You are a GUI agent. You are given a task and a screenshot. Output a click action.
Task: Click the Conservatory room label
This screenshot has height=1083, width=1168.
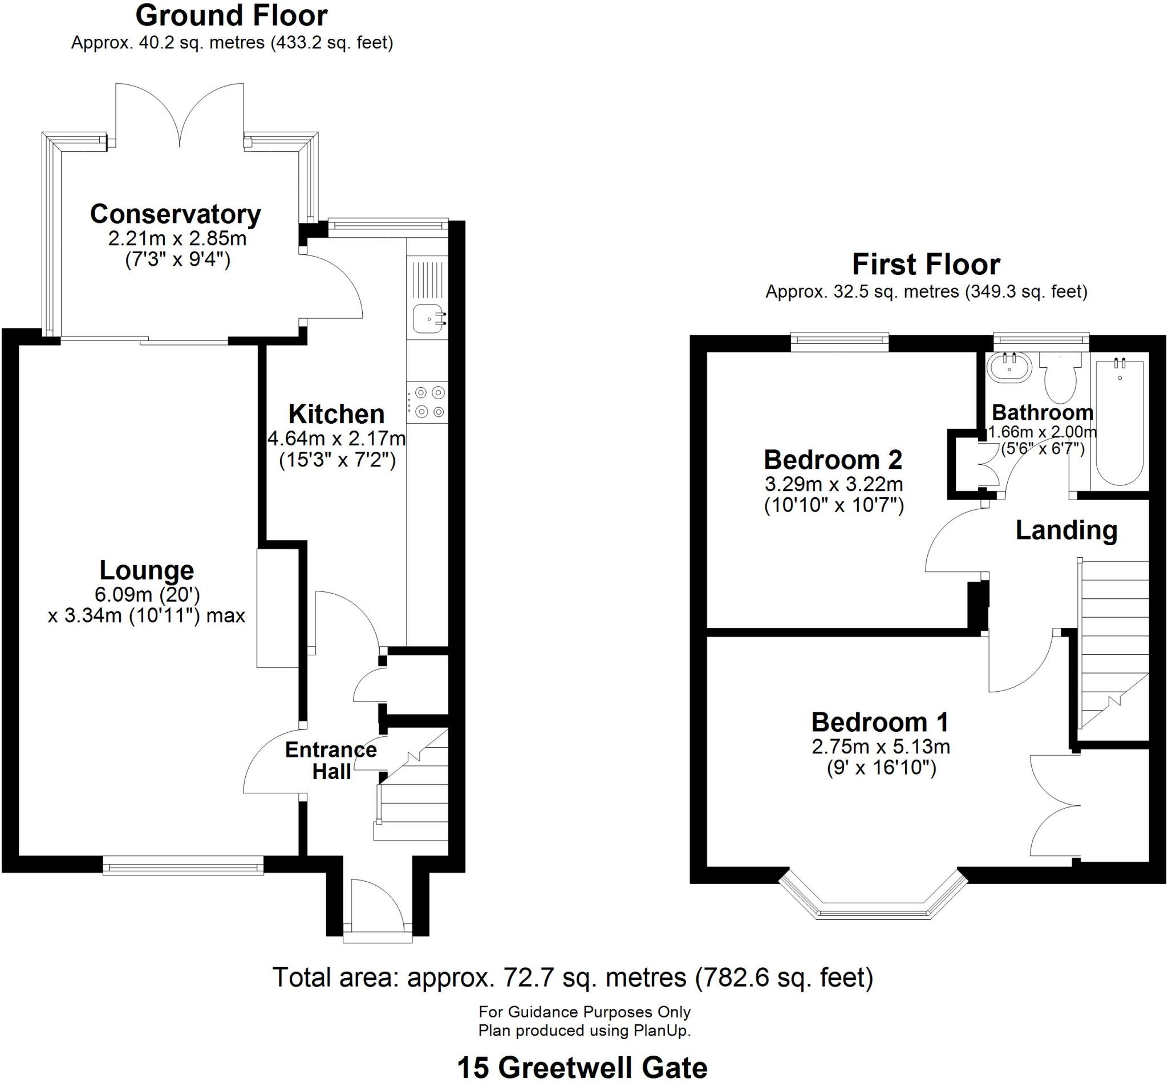point(175,214)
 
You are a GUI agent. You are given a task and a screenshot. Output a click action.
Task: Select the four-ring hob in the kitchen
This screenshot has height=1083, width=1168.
point(429,402)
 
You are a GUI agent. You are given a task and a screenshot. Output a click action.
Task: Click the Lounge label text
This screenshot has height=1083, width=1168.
point(147,570)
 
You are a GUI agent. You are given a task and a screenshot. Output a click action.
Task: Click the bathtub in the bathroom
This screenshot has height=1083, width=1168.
point(1120,423)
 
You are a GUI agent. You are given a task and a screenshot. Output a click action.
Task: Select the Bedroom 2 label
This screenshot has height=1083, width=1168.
point(833,460)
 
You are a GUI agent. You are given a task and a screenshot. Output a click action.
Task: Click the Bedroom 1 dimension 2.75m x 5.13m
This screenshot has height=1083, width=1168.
point(880,747)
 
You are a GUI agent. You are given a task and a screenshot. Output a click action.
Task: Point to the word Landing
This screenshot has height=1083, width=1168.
point(1066,531)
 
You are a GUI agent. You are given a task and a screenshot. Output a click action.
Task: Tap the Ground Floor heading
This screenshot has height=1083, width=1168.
point(232,16)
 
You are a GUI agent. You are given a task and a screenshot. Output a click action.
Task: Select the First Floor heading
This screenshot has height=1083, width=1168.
point(926,264)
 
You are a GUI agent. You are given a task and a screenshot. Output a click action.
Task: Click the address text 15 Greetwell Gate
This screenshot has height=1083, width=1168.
point(582,1068)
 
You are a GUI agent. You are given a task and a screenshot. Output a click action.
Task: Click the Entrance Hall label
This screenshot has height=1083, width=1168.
point(331,761)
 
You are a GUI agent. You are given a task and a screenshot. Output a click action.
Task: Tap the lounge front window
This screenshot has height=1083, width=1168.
point(183,866)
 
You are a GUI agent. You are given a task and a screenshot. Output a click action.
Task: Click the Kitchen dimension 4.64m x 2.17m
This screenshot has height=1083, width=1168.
point(337,439)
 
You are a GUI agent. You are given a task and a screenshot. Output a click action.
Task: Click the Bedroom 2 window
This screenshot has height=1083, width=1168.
point(840,342)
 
